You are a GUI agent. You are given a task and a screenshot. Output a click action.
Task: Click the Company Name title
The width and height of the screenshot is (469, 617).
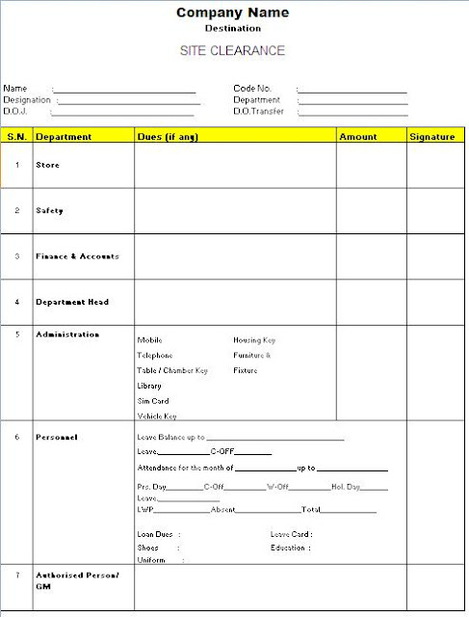(232, 13)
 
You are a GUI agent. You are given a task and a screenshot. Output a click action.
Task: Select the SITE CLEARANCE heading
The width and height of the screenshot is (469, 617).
(232, 50)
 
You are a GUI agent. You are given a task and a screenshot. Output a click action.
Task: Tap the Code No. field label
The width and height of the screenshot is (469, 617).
(252, 89)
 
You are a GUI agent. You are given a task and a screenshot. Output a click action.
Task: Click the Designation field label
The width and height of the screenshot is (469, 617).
(27, 100)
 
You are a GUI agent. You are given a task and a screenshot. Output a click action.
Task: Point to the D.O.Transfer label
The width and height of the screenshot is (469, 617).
(257, 112)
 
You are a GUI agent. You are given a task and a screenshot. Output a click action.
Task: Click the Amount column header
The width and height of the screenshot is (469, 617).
(357, 137)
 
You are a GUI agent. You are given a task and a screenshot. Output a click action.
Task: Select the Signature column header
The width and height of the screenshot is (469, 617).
(431, 137)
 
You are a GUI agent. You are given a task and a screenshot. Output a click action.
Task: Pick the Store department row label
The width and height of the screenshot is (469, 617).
(47, 165)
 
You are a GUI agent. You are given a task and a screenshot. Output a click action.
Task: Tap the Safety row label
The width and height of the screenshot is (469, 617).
(49, 210)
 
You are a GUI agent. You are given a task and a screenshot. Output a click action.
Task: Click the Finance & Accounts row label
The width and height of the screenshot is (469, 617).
(77, 256)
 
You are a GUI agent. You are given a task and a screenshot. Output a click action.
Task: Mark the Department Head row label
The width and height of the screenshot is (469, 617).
(72, 302)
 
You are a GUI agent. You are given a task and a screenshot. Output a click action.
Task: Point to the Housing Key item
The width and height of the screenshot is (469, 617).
(254, 340)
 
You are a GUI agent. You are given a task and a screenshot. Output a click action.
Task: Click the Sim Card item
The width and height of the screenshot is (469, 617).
(153, 401)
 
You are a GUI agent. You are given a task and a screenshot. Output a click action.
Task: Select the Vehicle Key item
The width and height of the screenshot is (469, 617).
(157, 416)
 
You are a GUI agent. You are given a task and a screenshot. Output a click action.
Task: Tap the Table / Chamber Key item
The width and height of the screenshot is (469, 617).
(172, 370)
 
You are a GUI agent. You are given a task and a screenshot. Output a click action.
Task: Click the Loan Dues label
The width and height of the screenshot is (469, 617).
(155, 534)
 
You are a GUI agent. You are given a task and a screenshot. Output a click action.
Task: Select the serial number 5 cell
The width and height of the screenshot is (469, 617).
(17, 335)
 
